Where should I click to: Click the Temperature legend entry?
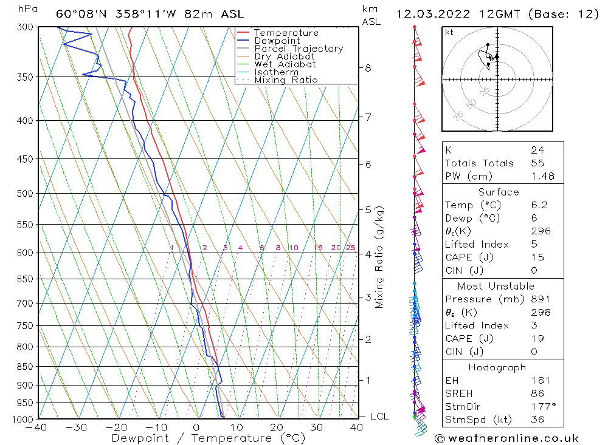point(286,33)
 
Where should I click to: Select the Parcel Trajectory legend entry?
point(299,49)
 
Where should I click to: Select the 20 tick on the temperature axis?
point(277,428)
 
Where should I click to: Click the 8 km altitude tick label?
point(368,68)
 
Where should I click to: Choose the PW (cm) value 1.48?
point(541,177)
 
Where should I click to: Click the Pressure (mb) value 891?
point(540,299)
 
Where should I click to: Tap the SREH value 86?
point(537,393)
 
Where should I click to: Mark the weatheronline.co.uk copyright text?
point(506,438)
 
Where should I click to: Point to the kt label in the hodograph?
point(449,32)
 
